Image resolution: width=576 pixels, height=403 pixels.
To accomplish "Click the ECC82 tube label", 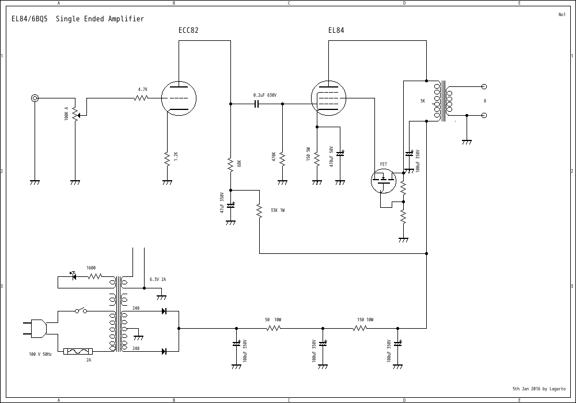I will (x=188, y=31).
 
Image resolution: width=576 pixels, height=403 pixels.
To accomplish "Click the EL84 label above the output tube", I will (x=336, y=31).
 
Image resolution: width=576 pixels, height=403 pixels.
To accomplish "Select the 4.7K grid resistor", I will (x=142, y=98).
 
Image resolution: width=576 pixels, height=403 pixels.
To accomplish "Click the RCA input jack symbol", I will (x=35, y=98).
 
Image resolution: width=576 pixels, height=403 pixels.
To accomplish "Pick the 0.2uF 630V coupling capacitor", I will (x=257, y=104).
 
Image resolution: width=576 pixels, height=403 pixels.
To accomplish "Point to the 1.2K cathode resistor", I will (x=167, y=157).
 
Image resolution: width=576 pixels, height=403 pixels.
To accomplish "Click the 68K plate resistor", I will (x=230, y=164).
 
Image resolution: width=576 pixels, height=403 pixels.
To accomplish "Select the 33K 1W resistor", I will (x=259, y=210).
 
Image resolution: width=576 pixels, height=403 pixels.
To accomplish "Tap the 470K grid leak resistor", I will (x=282, y=157).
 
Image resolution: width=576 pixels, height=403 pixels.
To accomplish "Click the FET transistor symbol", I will (x=383, y=181).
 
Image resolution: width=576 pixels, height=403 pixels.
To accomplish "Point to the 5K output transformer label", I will (x=423, y=101).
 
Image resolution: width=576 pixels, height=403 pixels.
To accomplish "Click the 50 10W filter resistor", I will (x=273, y=328).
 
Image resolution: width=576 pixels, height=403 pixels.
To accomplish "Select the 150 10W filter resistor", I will (x=360, y=328).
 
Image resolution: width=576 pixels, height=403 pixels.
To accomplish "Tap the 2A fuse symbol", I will (x=78, y=351).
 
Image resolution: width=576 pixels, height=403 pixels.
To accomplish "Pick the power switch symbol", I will (x=81, y=311).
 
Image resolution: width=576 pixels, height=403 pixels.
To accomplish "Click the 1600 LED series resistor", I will (x=94, y=277).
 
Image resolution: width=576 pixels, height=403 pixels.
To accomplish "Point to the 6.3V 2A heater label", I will (x=158, y=279).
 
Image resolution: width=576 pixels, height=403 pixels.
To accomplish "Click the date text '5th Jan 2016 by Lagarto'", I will (x=539, y=389).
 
